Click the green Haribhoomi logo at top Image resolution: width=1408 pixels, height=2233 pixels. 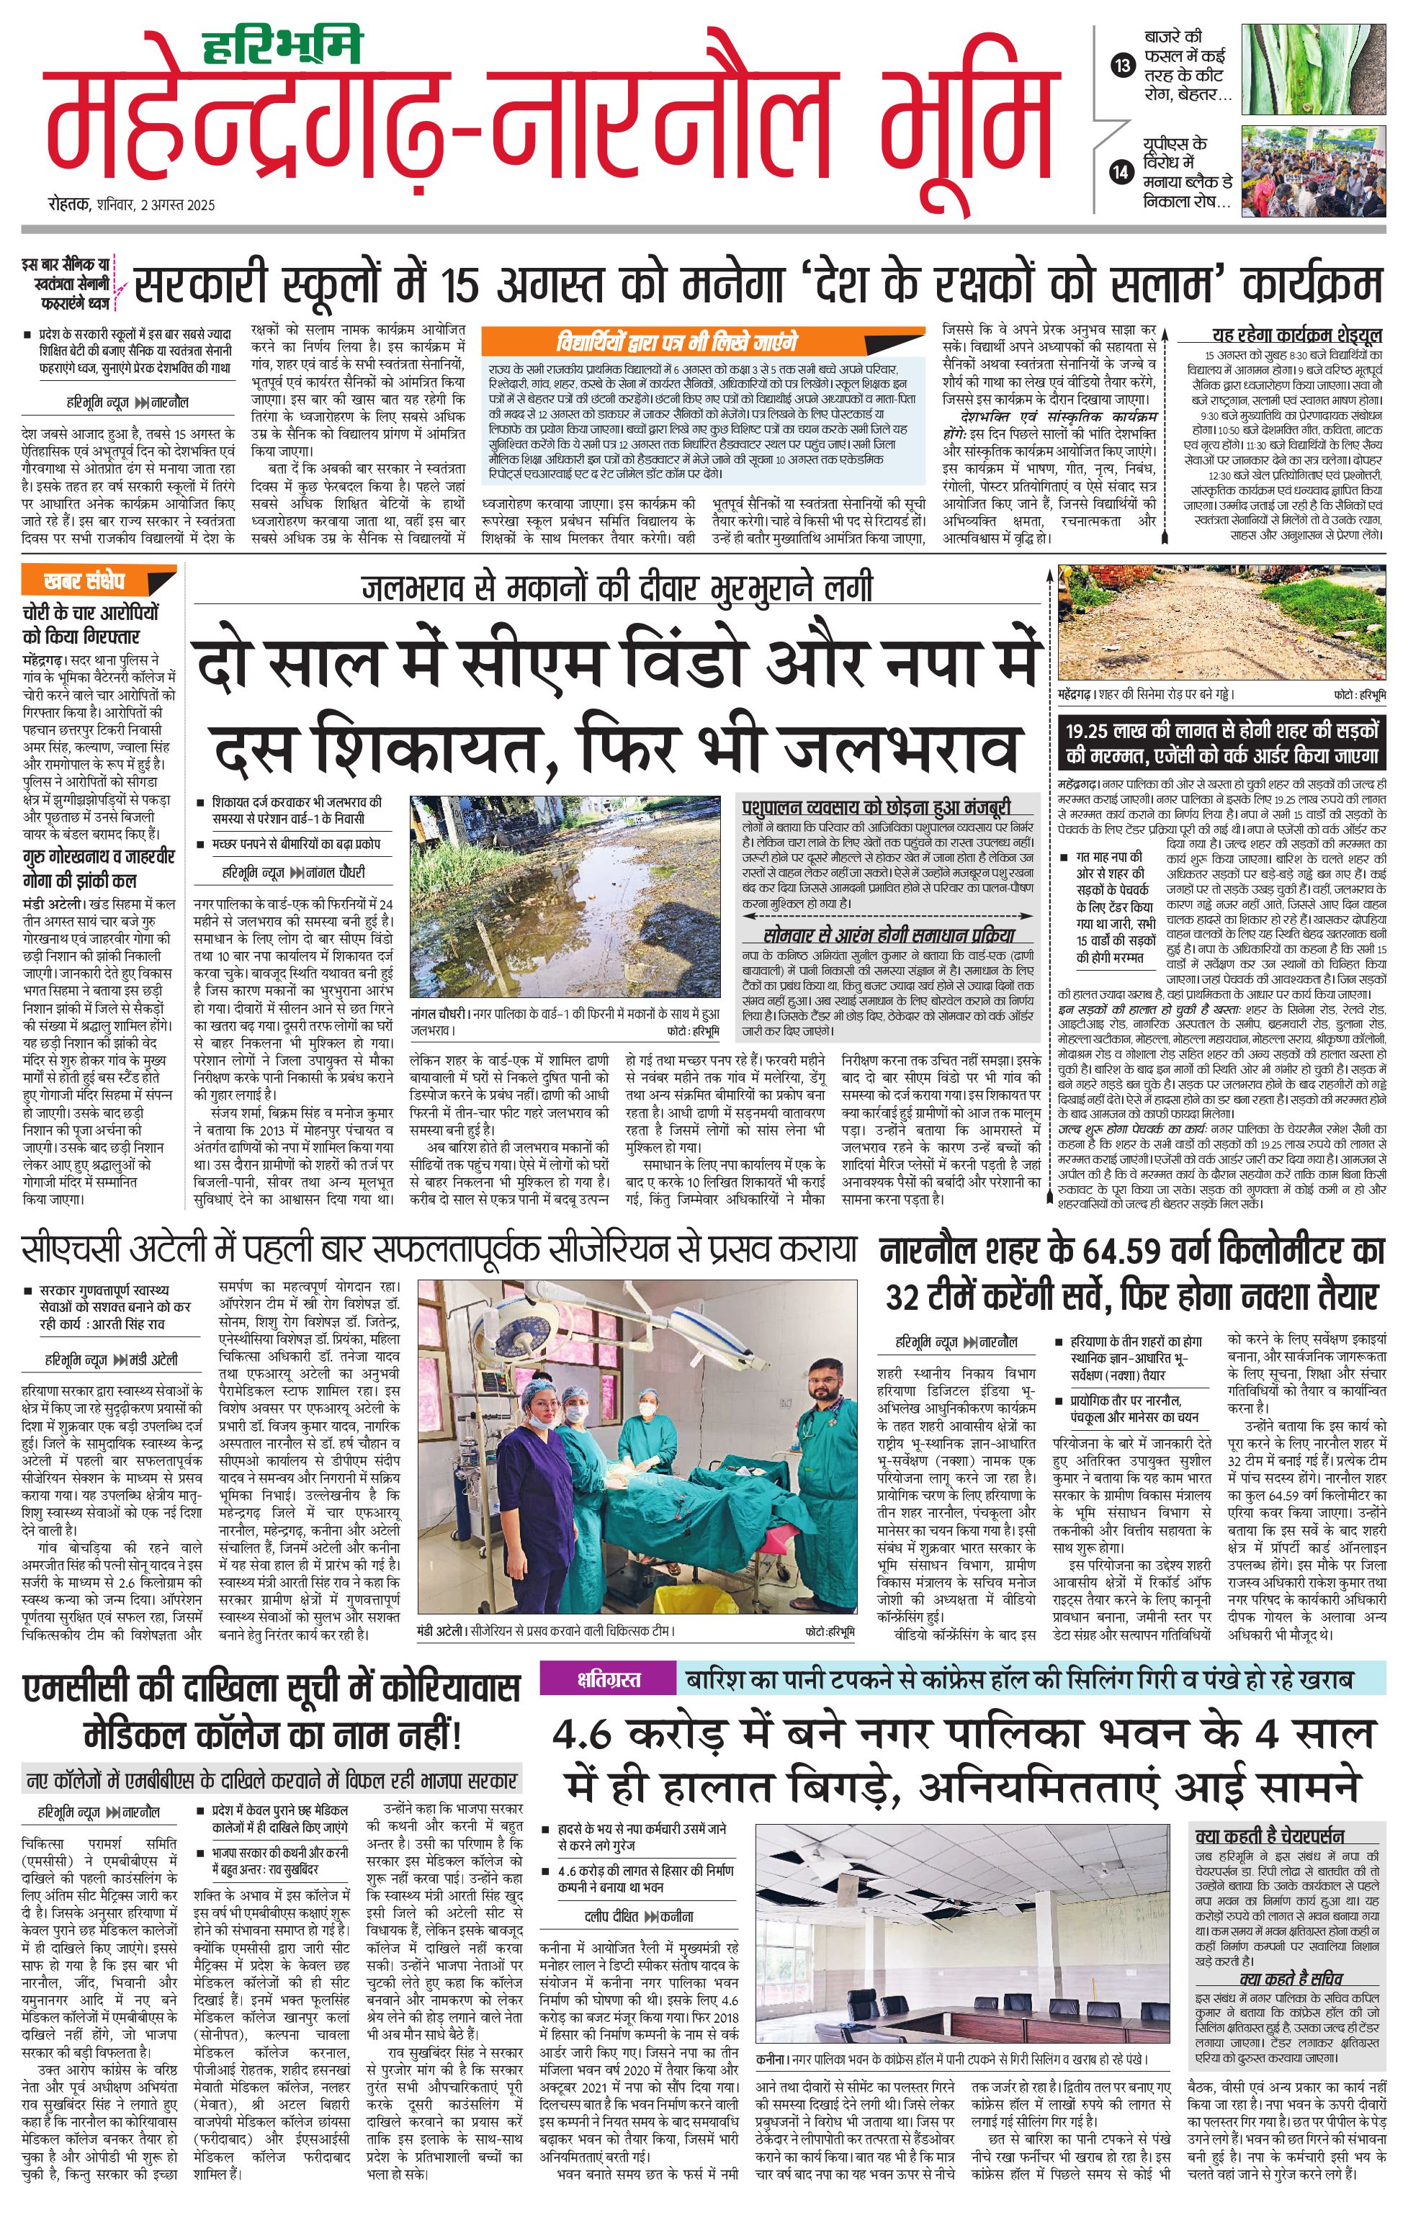coord(284,46)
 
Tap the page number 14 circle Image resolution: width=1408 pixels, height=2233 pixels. coord(1124,171)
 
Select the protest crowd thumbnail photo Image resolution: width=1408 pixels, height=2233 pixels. coord(1314,173)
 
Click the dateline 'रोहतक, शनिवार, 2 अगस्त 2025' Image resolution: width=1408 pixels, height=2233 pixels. coord(131,205)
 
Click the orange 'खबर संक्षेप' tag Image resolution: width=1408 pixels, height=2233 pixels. coord(85,581)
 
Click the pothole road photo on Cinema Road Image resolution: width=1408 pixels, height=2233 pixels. coord(1222,622)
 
